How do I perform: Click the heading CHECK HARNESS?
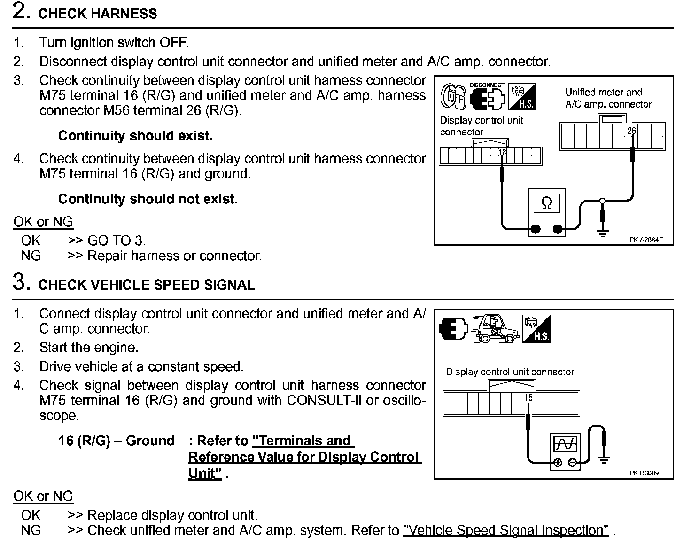(97, 14)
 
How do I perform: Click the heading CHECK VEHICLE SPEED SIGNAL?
(146, 285)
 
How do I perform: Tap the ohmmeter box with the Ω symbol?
(546, 203)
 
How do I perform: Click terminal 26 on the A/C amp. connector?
(631, 130)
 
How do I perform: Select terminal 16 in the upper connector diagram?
(502, 152)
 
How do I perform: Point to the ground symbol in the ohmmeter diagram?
(602, 230)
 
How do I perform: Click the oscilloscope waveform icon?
(565, 444)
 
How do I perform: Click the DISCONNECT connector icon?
(487, 96)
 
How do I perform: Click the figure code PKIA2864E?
(646, 240)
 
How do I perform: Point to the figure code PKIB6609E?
(646, 473)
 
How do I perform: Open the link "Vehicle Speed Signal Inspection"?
(506, 531)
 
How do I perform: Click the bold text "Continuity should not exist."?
(148, 199)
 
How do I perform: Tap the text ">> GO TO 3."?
(107, 240)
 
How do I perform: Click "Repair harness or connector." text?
(175, 256)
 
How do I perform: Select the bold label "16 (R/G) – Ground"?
(117, 441)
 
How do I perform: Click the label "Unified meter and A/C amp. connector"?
(608, 98)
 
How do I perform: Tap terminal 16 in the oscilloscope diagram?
(529, 398)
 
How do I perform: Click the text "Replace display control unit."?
(172, 515)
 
